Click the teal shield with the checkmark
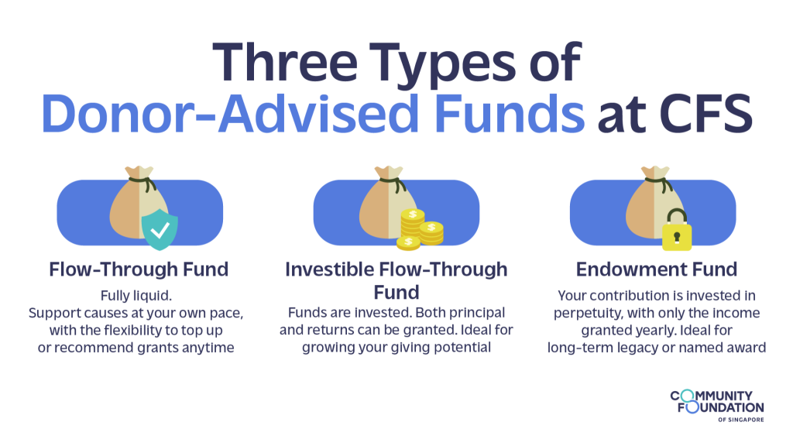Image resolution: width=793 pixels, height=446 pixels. point(160,229)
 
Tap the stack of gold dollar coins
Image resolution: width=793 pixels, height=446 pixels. point(420,230)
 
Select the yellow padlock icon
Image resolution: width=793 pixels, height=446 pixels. point(677,230)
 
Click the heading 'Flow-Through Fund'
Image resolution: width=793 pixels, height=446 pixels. point(139,269)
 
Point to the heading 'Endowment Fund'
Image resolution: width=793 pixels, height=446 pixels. point(657,269)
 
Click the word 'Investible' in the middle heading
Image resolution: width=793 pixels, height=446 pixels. point(328,269)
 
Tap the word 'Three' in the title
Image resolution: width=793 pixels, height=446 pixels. point(285,63)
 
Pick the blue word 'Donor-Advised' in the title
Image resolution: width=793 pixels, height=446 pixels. point(230,114)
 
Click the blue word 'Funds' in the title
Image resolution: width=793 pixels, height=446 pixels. point(510,114)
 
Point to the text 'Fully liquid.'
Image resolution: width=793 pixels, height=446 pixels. point(136,296)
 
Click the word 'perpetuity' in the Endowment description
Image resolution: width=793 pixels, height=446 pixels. point(589,314)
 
